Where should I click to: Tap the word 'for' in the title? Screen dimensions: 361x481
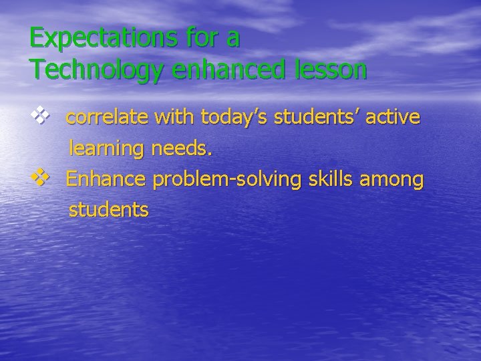click(200, 38)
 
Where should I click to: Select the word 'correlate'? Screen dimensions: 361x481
click(108, 118)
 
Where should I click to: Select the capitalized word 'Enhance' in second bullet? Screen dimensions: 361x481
click(107, 179)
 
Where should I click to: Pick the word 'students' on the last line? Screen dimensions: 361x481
click(108, 210)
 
